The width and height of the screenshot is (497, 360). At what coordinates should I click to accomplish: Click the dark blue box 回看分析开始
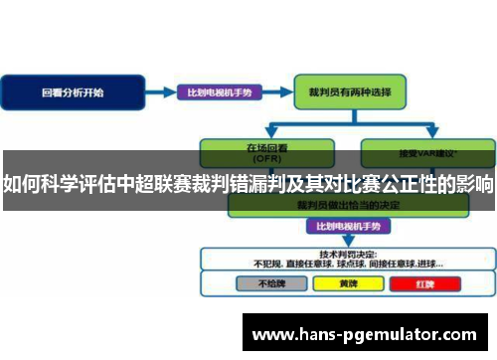(x=71, y=91)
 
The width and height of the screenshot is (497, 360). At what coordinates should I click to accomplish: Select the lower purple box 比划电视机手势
(x=341, y=226)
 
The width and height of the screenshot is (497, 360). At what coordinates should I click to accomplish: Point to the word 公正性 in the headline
(x=407, y=184)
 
